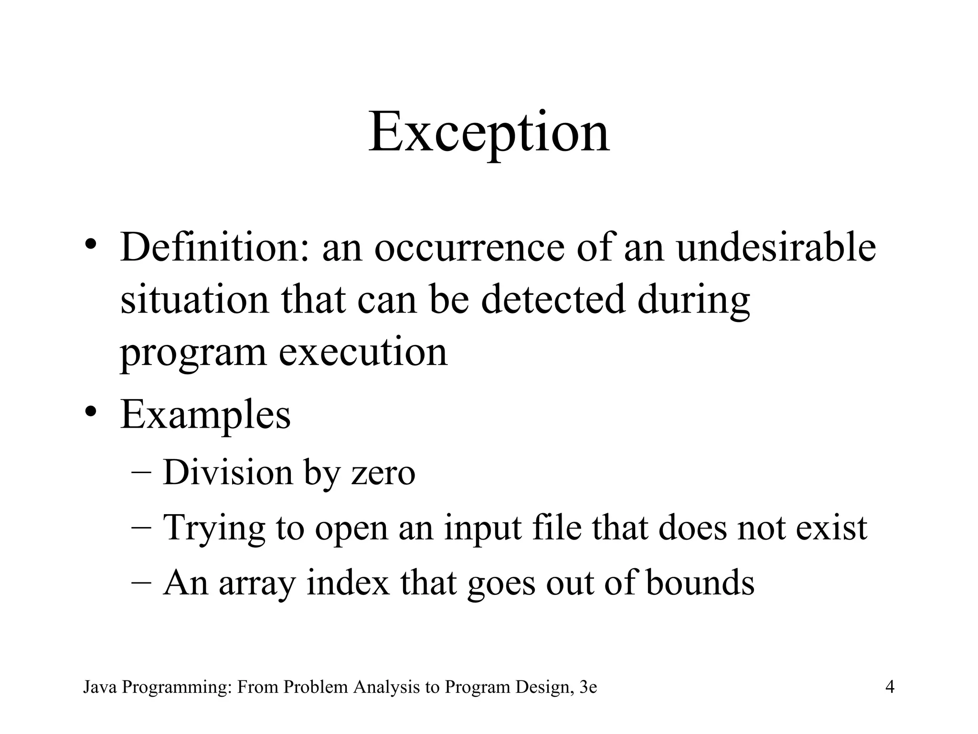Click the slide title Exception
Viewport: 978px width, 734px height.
click(489, 131)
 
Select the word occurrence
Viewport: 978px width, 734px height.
click(469, 248)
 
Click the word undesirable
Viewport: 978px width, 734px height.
click(776, 248)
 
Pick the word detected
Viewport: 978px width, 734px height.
click(553, 300)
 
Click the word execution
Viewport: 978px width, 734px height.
click(363, 352)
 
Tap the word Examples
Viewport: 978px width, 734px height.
click(205, 415)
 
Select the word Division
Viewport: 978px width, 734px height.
click(228, 472)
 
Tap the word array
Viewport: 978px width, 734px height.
click(257, 583)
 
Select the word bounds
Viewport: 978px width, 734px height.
click(700, 583)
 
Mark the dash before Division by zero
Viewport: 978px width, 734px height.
click(140, 472)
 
